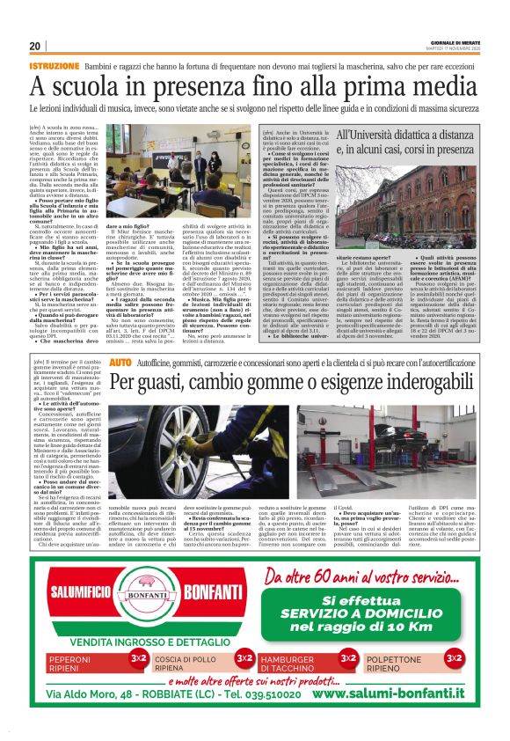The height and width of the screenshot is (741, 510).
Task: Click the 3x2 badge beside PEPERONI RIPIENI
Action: (138, 657)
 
